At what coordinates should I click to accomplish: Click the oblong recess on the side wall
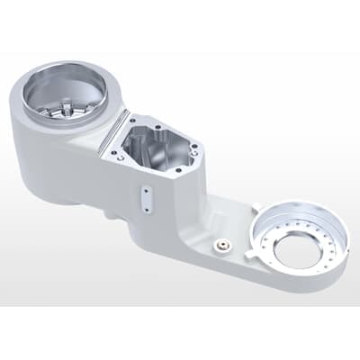point(143,197)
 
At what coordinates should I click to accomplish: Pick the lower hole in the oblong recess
point(144,203)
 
